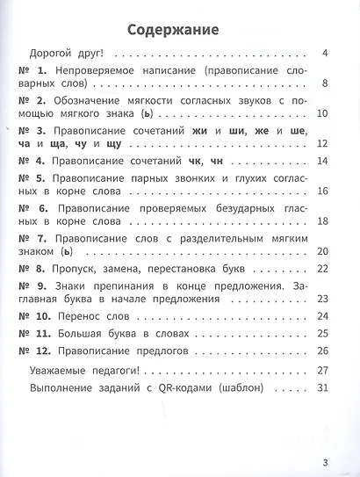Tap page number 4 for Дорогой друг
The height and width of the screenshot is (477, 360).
(x=324, y=53)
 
